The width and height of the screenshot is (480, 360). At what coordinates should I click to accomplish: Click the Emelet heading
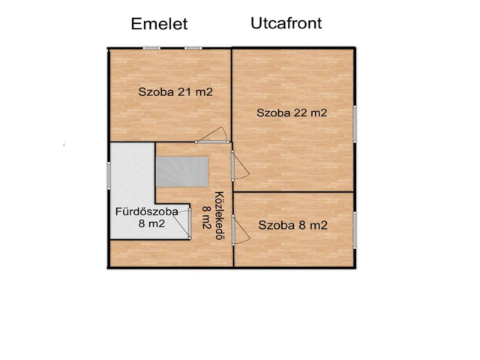[x=159, y=24]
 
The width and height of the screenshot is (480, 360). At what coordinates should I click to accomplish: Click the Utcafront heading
[x=286, y=23]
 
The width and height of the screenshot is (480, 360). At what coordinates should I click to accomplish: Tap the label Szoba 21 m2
[x=175, y=91]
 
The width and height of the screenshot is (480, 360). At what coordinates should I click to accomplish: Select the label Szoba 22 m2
[x=292, y=112]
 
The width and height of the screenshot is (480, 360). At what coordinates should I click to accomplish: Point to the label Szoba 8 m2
[x=293, y=225]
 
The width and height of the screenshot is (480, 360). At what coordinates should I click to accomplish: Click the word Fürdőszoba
[x=147, y=211]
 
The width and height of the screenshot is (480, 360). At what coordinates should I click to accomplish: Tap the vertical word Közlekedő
[x=220, y=216]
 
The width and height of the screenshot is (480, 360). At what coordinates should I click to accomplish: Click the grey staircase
[x=181, y=172]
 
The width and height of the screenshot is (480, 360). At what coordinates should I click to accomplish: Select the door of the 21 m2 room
[x=212, y=136]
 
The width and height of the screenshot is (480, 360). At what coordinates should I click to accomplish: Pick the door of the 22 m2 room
[x=240, y=166]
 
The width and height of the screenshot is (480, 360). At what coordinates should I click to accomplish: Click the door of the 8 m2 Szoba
[x=241, y=230]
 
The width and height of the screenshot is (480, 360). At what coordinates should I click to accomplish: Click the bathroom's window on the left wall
[x=109, y=175]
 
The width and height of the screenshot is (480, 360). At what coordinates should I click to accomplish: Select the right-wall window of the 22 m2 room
[x=355, y=124]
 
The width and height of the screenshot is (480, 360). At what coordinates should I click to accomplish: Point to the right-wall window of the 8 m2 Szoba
[x=355, y=230]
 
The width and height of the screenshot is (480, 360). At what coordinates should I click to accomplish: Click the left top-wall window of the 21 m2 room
[x=151, y=48]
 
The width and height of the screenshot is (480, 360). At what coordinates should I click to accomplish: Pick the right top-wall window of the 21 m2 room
[x=193, y=48]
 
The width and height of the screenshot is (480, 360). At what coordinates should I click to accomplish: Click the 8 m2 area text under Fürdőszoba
[x=151, y=223]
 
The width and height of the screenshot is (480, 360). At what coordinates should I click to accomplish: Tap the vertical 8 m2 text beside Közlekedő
[x=207, y=217]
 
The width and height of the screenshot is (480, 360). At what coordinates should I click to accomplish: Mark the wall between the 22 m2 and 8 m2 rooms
[x=293, y=192]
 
